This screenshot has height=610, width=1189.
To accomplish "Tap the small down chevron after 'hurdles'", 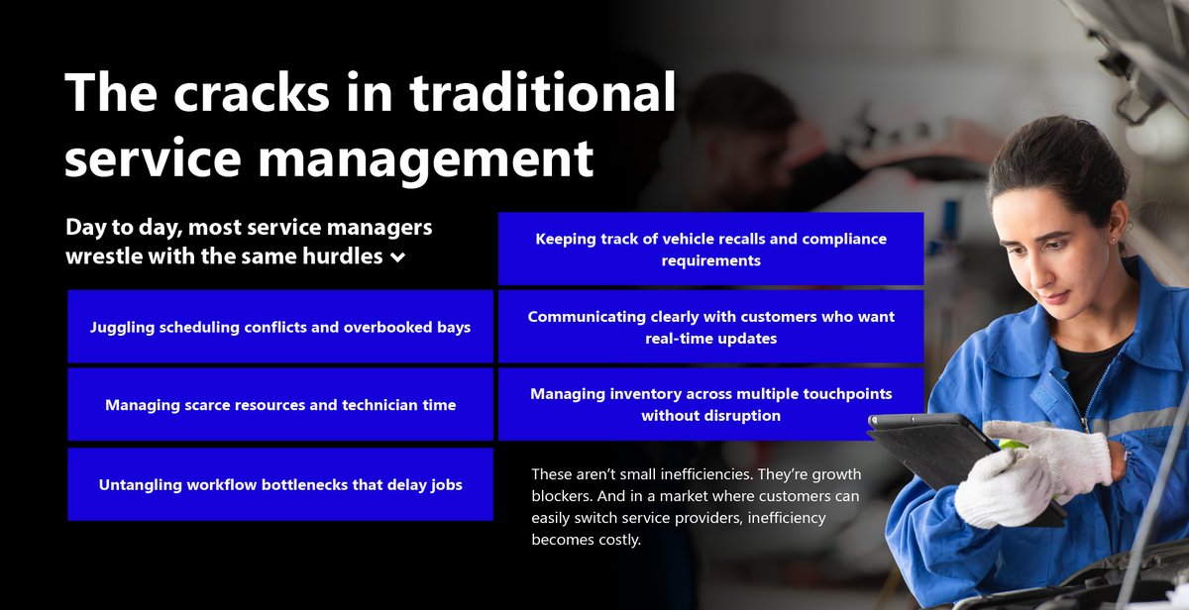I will (397, 257).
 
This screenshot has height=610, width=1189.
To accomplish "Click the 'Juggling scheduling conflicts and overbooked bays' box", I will (279, 327).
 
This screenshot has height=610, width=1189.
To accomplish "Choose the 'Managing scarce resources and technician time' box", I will (279, 404).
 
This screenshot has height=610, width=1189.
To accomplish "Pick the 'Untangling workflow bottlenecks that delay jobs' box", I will (279, 484).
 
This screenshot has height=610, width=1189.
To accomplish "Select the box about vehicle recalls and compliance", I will (710, 250).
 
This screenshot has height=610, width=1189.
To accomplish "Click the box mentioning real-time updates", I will (710, 327).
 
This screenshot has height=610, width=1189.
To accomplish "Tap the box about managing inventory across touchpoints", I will (710, 404).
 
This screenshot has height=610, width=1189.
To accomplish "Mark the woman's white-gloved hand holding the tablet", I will (1006, 485).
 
